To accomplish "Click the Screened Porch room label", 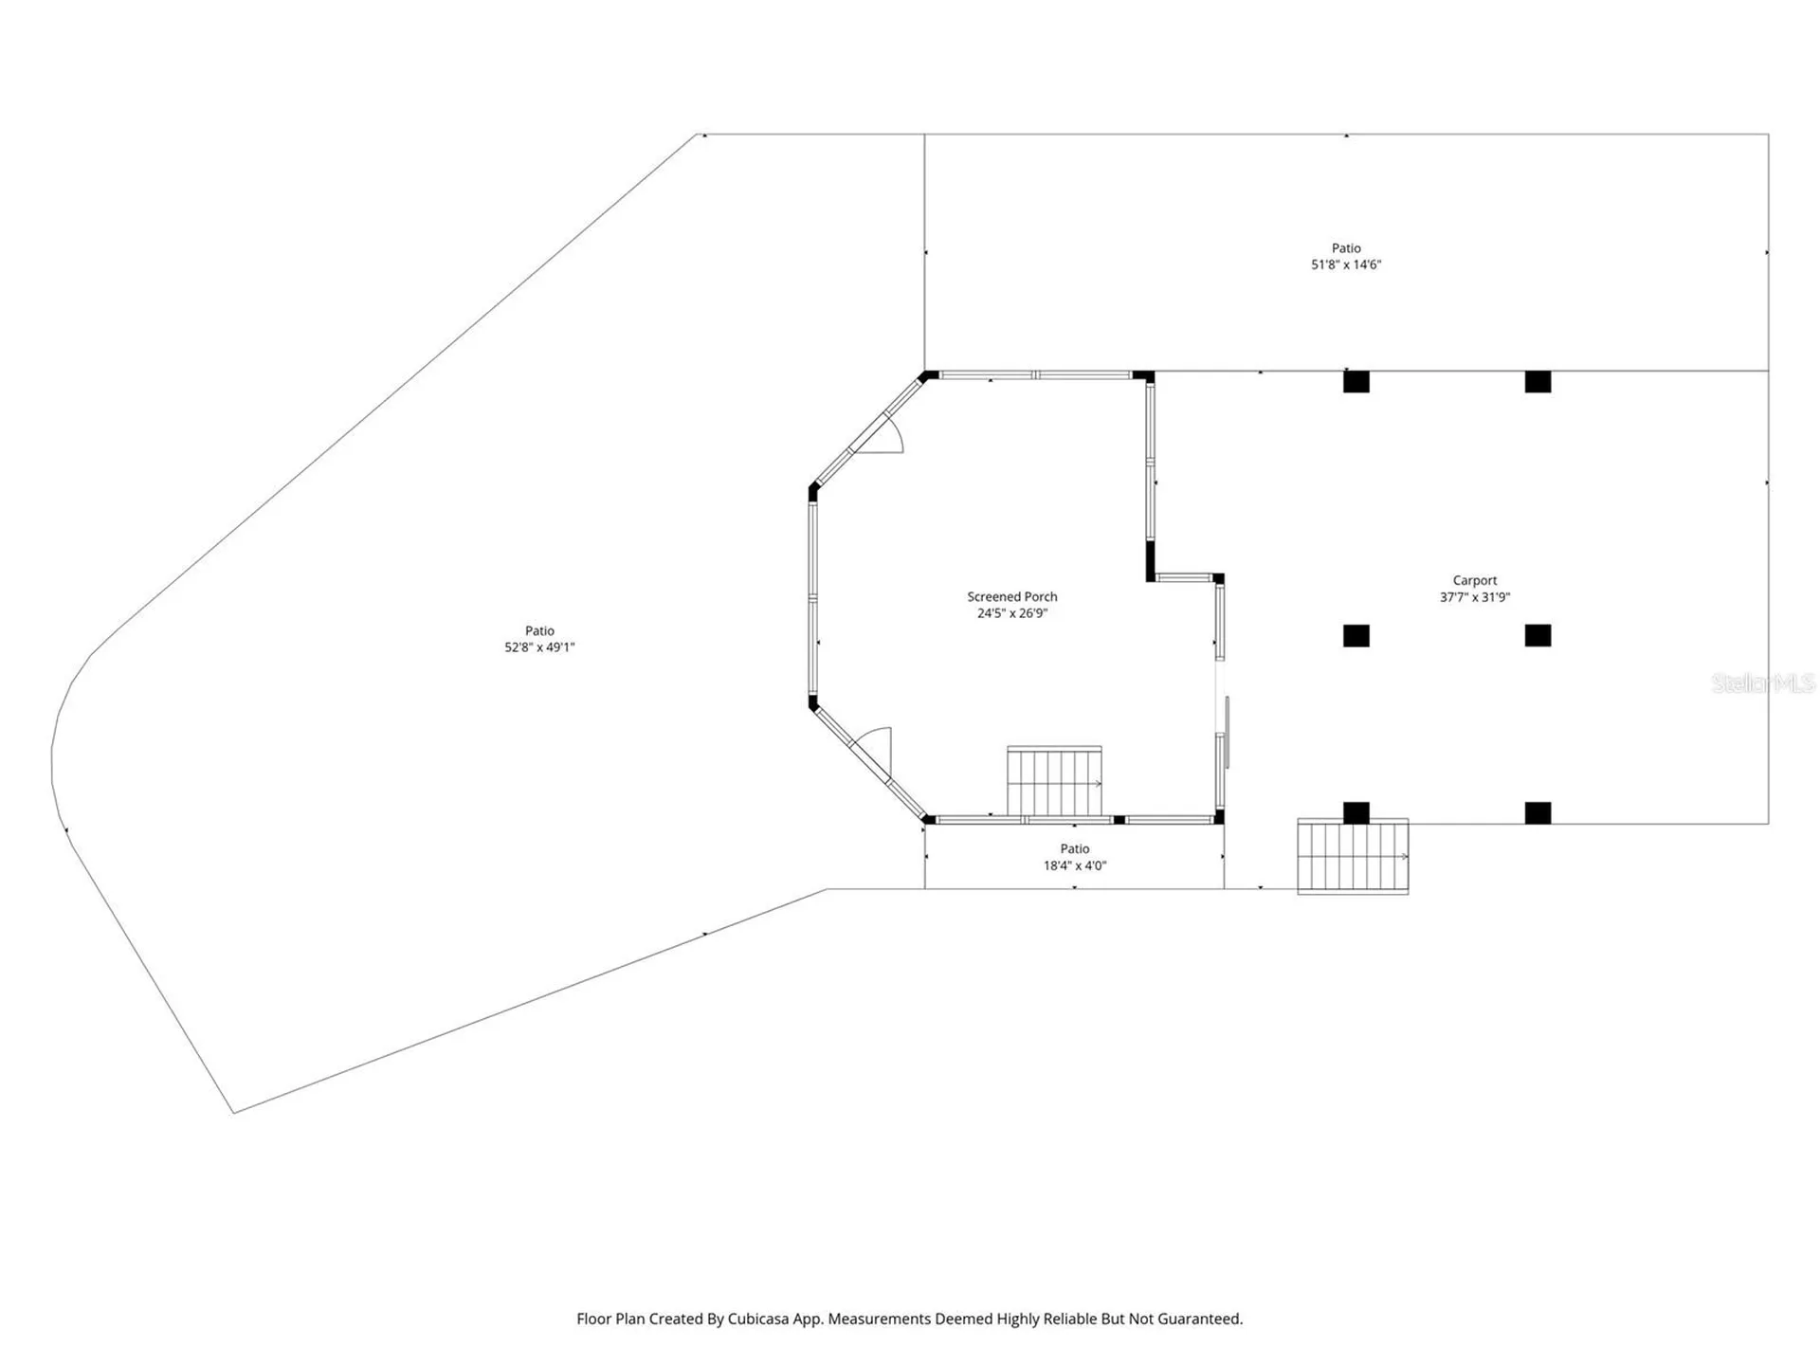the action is [1011, 596].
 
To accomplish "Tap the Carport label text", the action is [1474, 580].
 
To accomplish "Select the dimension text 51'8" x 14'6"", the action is [1346, 264].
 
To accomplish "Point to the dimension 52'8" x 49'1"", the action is [539, 647].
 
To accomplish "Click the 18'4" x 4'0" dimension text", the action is [1075, 865].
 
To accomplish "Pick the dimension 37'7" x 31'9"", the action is [1474, 597].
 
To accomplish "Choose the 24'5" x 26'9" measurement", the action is [1011, 613].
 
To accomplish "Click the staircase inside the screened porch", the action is [1054, 782].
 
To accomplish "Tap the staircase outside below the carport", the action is [1353, 856].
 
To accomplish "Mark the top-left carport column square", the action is [1356, 382].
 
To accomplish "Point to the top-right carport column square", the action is [1538, 382].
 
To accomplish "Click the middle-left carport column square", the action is [1356, 636].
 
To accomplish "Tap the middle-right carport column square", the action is [1538, 636].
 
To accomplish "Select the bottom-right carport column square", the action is [1538, 812].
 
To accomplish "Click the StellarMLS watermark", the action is [1762, 682].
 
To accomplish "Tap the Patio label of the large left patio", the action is [539, 630].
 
